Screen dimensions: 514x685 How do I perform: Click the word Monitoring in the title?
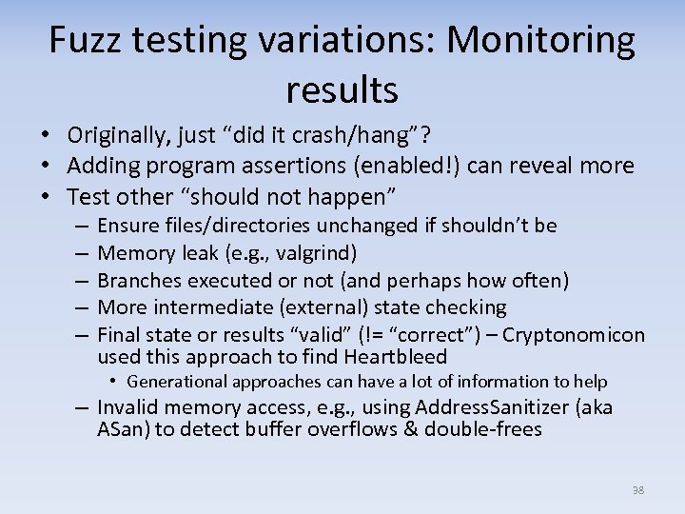click(x=541, y=40)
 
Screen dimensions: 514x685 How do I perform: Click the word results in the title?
click(x=342, y=89)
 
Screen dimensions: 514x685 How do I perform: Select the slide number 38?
click(x=637, y=490)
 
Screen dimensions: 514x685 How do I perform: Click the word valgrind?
click(x=322, y=253)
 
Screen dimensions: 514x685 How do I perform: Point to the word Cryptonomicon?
click(x=574, y=335)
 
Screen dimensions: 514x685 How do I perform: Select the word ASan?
click(x=122, y=429)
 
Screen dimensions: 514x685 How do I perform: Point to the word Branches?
click(x=139, y=280)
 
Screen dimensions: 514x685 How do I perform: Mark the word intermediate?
click(x=205, y=307)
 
